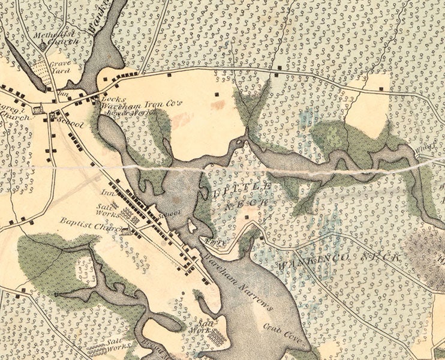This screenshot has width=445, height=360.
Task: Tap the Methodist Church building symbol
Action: [43, 46]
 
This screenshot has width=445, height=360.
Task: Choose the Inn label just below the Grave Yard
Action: [62, 94]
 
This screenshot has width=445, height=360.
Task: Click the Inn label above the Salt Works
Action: [108, 193]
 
